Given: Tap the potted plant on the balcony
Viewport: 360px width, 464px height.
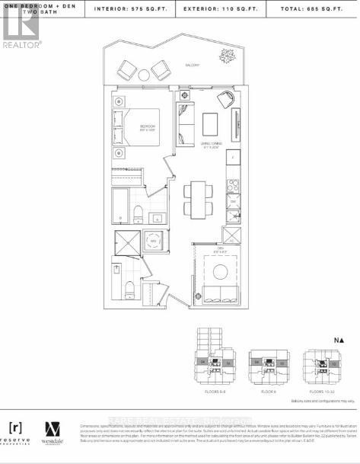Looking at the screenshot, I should coord(226,56).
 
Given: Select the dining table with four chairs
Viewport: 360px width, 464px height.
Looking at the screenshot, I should coord(198,200).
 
